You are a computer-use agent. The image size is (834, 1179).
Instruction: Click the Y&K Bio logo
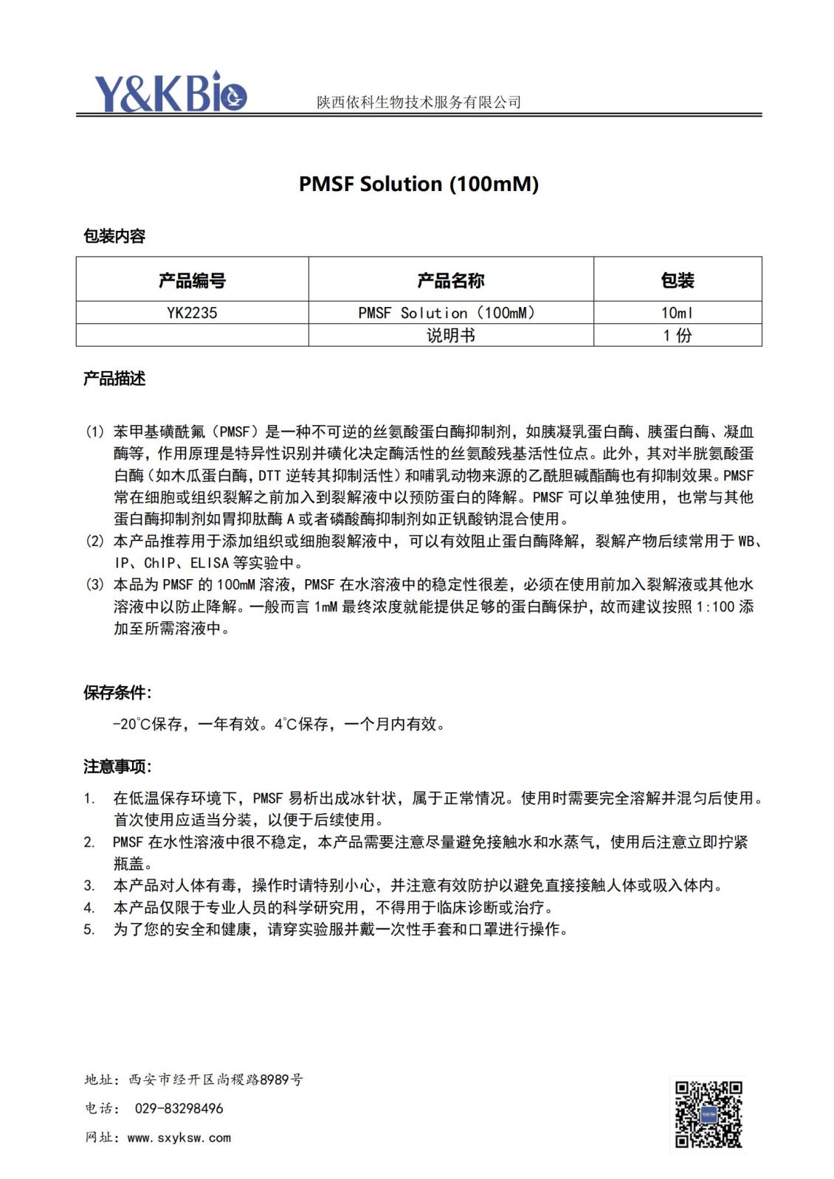pos(170,92)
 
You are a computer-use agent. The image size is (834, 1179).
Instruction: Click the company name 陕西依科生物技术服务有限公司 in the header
pos(418,103)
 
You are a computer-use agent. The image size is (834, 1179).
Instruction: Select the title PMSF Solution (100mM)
pos(418,184)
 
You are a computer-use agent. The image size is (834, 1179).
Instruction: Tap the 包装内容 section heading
pos(114,236)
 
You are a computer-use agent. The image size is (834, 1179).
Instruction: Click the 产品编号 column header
pos(192,280)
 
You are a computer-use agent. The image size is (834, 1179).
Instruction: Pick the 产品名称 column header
pos(450,280)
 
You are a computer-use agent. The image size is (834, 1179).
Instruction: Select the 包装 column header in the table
pos(677,280)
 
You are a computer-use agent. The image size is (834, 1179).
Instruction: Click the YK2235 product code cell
pos(192,313)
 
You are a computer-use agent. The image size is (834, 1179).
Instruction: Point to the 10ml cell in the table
pos(677,313)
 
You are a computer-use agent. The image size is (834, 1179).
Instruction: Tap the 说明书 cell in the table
pos(450,336)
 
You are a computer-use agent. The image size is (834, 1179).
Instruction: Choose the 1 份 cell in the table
pos(677,336)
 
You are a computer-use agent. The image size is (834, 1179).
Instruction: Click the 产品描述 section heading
pos(114,378)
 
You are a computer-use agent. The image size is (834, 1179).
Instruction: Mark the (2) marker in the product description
pos(95,541)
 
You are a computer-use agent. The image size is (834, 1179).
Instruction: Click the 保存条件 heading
pos(117,692)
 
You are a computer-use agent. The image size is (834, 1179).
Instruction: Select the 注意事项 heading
pos(117,767)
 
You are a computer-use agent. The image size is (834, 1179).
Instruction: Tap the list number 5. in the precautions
pos(89,930)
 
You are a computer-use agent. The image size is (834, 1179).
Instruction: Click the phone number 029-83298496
pos(179,1108)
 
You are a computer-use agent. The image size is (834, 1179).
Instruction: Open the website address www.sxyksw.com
pos(179,1138)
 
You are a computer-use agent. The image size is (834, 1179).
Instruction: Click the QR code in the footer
pos(709,1114)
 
